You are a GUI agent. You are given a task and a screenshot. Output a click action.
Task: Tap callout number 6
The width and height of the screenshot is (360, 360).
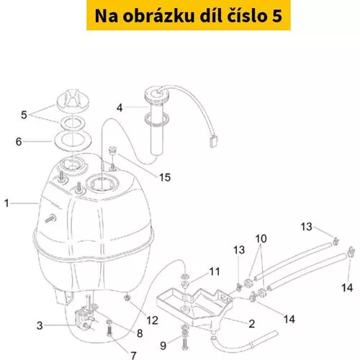[x=19, y=142]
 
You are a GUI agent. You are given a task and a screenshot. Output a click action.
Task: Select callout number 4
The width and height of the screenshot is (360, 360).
[x=120, y=108]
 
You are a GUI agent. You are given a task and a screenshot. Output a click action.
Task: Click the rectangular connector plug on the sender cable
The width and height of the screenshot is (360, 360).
[x=213, y=141]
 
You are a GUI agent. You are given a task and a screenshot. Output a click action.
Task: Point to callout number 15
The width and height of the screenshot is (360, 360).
[x=165, y=177]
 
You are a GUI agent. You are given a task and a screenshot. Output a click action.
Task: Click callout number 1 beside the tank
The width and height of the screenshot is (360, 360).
[x=6, y=203]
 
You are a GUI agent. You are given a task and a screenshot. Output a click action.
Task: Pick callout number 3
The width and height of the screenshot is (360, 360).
[x=40, y=325]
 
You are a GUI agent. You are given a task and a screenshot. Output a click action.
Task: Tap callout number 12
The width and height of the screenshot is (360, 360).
[x=153, y=320]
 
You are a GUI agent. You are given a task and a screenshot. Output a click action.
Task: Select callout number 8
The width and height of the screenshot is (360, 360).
[x=140, y=333]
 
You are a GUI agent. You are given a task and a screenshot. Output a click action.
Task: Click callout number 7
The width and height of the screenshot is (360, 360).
[x=133, y=355]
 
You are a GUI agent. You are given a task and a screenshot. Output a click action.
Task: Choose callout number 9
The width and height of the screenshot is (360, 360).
[x=163, y=346]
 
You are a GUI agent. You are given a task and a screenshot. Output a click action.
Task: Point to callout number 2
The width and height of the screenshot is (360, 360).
[x=251, y=324]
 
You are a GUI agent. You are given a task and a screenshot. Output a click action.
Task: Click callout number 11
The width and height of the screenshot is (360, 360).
[x=215, y=271]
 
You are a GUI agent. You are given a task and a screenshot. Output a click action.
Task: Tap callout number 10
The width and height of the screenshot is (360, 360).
[x=261, y=238]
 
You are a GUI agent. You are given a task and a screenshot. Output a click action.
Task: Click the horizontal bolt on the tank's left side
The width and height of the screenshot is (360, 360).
[x=51, y=219]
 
